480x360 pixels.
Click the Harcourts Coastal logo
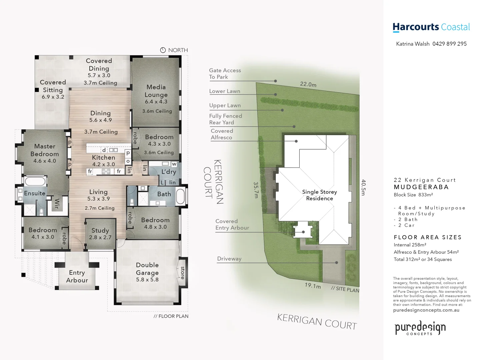pos(431,27)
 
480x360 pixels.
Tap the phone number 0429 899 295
pos(449,44)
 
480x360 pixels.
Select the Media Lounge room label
pos(156,91)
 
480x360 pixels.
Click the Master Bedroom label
pos(45,150)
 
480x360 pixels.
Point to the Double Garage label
pos(147,269)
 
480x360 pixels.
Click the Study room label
pos(100,230)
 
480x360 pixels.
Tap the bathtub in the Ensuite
pos(35,181)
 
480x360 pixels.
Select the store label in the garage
pos(182,272)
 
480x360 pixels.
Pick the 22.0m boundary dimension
pos(308,84)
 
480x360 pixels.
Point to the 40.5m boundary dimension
pos(363,187)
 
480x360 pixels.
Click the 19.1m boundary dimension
pos(313,286)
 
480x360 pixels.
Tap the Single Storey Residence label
pos(319,195)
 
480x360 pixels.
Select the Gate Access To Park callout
pos(225,74)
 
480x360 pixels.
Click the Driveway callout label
pos(229,259)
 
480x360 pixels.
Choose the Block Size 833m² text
pos(413,195)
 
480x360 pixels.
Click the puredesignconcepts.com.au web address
pos(426,310)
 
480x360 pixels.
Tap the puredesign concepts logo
pos(420,328)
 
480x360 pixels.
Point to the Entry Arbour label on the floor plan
pos(77,276)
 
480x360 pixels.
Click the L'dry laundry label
pos(169,172)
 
